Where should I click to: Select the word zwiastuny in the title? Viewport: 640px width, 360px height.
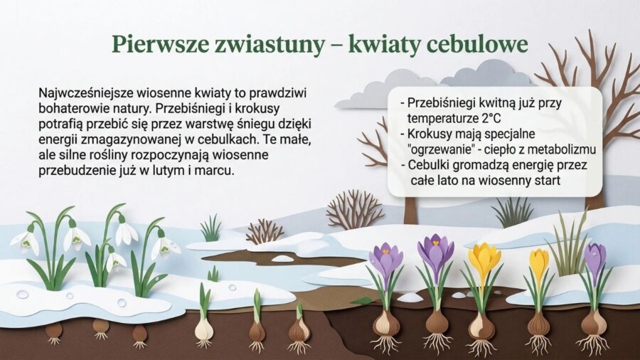click(272, 44)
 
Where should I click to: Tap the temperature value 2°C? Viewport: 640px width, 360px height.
click(487, 118)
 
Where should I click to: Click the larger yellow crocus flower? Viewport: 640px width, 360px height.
click(484, 259)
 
